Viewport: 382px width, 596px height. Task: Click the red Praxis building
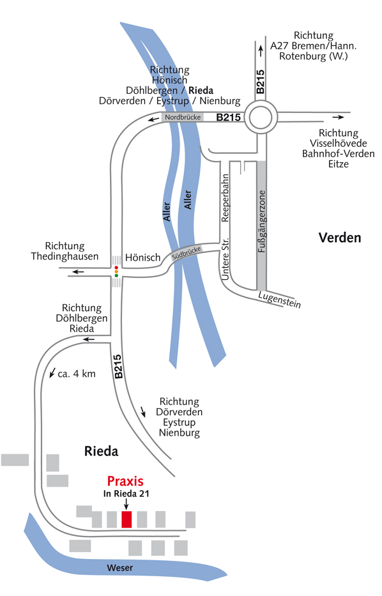[x=126, y=519]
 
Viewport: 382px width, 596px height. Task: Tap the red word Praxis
[x=125, y=481]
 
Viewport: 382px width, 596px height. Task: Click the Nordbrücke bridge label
[x=183, y=117]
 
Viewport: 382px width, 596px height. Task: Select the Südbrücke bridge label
[x=187, y=254]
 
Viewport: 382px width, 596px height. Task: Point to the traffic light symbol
[x=116, y=271]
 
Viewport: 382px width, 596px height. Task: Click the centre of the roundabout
[x=261, y=117]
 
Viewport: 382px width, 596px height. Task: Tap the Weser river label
[x=119, y=568]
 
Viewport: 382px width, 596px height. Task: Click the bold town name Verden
[x=340, y=238]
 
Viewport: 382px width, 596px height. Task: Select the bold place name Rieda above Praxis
[x=101, y=451]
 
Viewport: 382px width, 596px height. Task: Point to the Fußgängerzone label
[x=262, y=221]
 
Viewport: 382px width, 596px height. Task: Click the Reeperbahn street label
[x=225, y=198]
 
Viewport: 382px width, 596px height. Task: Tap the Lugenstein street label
[x=279, y=300]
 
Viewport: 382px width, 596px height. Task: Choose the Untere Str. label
[x=225, y=259]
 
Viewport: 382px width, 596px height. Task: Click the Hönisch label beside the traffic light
[x=143, y=257]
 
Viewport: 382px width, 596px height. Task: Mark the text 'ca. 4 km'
[x=77, y=374]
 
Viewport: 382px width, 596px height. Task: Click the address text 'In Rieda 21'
[x=126, y=494]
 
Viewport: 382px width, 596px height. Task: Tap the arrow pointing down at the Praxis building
[x=126, y=504]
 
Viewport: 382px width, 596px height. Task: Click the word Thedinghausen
[x=65, y=257]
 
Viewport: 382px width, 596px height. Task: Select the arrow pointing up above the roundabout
[x=261, y=51]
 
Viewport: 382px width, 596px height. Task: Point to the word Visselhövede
[x=339, y=143]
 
